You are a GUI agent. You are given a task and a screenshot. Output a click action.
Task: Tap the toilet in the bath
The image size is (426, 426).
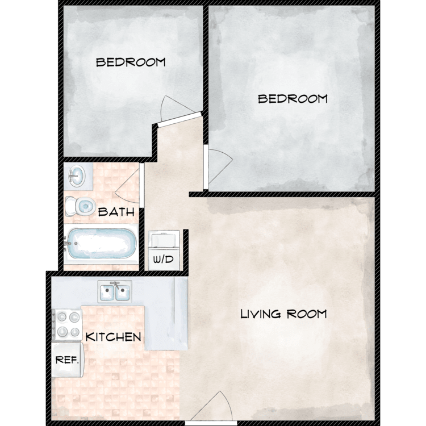pyautogui.click(x=81, y=206)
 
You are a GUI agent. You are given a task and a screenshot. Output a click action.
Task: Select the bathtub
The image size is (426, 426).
pyautogui.click(x=102, y=244)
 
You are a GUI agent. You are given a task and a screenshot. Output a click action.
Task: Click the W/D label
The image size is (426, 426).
pyautogui.click(x=163, y=260)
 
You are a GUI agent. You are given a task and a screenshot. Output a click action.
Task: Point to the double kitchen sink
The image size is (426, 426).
pyautogui.click(x=115, y=291)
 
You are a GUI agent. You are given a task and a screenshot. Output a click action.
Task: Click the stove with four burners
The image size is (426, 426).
pyautogui.click(x=67, y=324)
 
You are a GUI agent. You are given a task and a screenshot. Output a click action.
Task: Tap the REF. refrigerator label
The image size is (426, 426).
pyautogui.click(x=67, y=360)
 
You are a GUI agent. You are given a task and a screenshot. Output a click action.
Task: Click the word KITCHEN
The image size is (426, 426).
pyautogui.click(x=113, y=337)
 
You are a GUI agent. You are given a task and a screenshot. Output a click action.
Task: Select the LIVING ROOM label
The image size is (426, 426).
pyautogui.click(x=283, y=314)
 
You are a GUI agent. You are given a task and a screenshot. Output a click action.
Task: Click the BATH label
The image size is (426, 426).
pyautogui.click(x=116, y=212)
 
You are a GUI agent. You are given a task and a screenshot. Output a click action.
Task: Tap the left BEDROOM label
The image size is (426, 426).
pyautogui.click(x=131, y=62)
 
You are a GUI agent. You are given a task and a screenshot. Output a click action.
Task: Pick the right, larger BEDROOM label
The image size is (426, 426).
pyautogui.click(x=293, y=99)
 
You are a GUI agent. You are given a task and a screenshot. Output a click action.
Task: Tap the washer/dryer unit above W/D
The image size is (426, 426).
pyautogui.click(x=165, y=240)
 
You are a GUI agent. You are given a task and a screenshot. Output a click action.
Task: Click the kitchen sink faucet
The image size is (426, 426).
pyautogui.click(x=115, y=285)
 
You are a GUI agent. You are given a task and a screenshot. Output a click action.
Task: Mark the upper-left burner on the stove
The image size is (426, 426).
pyautogui.click(x=62, y=317)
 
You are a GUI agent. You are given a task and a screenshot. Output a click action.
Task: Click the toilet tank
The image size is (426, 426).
pyautogui.click(x=70, y=206)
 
